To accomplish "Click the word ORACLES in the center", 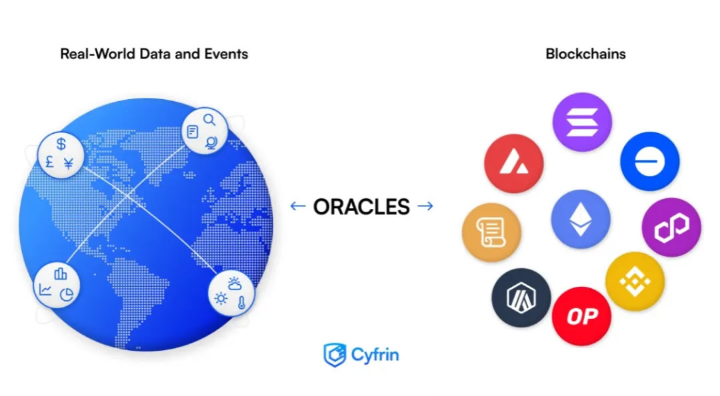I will coord(361,206).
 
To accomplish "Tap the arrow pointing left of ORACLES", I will coord(298,206).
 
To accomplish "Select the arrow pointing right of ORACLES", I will coord(425,206).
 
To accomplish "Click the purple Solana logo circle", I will coord(582,122).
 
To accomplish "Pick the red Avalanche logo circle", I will coord(514,164).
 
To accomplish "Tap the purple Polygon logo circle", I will coord(671,227).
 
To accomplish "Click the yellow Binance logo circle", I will coord(635,282).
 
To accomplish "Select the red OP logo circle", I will coord(581,317).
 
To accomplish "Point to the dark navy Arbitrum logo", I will coord(521,297).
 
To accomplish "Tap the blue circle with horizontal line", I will coord(649,162).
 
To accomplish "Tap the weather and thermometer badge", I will coord(231,292).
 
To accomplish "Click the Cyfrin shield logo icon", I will coord(334,355).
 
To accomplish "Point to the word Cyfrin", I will coord(375,355).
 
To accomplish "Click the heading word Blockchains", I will coord(585,54).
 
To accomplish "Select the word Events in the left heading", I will coord(226,54).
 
